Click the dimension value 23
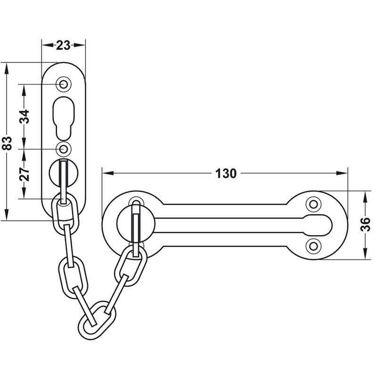click(63, 45)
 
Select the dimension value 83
click(7, 143)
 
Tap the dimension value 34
click(25, 116)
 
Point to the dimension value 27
click(25, 174)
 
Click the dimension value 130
click(226, 173)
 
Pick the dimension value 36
click(366, 224)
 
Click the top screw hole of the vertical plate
click(64, 84)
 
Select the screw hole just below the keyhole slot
click(64, 149)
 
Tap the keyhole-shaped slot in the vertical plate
click(64, 118)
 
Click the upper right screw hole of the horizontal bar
click(313, 205)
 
